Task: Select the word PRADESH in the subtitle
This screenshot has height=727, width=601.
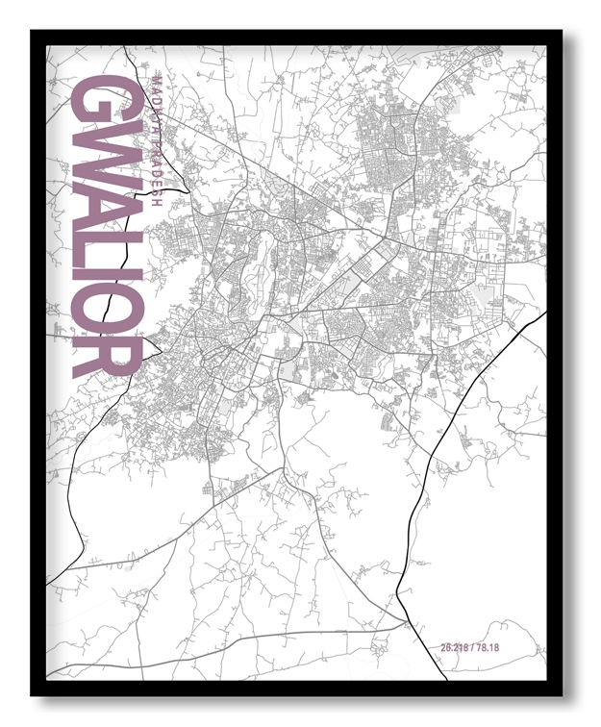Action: pos(157,162)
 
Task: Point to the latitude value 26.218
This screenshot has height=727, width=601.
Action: pos(455,645)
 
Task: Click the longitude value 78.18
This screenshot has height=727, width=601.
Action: pos(487,645)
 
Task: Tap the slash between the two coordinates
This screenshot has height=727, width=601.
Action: pos(471,645)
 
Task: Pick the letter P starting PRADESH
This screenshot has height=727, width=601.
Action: pos(157,131)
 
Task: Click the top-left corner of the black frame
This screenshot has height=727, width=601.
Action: pos(33,32)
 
